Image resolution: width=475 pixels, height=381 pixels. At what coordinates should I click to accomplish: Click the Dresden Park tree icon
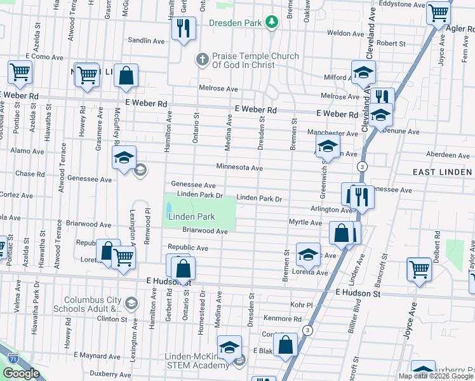(x=272, y=23)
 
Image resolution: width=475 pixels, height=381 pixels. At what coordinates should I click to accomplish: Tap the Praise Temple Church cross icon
(x=202, y=60)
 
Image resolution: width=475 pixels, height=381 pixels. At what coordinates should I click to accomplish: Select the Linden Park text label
(x=191, y=217)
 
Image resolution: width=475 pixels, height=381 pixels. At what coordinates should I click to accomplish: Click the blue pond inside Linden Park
(x=169, y=209)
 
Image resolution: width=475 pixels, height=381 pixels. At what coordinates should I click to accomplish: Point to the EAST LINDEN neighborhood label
(x=442, y=172)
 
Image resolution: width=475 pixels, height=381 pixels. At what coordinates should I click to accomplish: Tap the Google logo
(x=21, y=373)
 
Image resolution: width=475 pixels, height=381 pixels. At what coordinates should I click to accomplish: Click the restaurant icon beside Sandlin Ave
(x=183, y=29)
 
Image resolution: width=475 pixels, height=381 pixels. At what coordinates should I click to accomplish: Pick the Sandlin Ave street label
(x=146, y=41)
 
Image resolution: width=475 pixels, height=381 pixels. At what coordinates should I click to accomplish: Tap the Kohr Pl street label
(x=301, y=304)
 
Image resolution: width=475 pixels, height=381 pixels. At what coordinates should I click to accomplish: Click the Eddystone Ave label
(x=398, y=3)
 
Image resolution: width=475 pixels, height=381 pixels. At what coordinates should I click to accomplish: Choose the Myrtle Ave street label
(x=305, y=222)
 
